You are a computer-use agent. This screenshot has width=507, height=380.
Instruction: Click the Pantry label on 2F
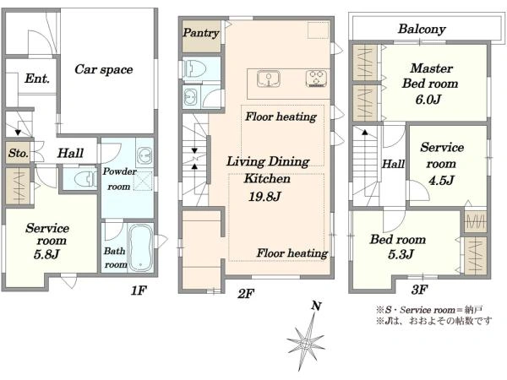coord(201,33)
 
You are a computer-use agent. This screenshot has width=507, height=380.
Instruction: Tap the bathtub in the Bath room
coord(141,247)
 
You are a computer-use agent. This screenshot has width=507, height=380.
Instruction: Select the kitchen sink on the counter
coord(269,79)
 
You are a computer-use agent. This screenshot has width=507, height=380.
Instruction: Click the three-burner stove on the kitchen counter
coord(316,79)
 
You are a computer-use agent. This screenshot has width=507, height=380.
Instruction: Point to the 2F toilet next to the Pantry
coord(194,69)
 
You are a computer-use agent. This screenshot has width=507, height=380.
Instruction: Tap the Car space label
coord(104,69)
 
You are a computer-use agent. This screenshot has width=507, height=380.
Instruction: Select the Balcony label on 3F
coord(422,29)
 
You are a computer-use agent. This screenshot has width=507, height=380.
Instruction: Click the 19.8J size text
coord(264,197)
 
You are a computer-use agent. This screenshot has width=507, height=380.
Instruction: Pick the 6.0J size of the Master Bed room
coord(428,99)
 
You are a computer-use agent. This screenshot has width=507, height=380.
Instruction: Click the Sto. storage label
coord(19,153)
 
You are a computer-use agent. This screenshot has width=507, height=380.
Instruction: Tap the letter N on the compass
coord(316,306)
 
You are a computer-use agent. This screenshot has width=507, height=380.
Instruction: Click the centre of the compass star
coord(305,343)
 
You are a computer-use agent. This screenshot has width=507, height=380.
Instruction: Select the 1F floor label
coord(139,290)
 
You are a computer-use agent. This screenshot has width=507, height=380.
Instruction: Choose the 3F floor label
coord(419,289)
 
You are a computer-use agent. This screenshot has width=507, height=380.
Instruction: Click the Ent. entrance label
coord(37,79)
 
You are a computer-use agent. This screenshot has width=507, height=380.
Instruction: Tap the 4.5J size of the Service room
coord(441,180)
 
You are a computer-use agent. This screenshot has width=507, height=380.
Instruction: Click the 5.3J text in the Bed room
coord(401,254)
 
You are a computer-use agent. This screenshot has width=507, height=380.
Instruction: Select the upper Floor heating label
coord(281,117)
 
